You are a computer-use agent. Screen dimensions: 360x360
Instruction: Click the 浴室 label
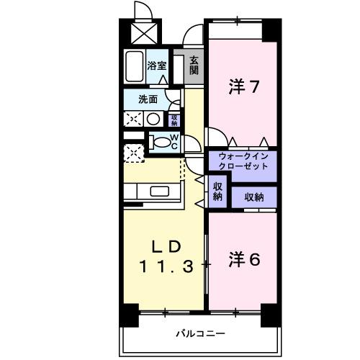pyautogui.click(x=157, y=66)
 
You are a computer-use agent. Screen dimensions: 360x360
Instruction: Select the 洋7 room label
pyautogui.click(x=243, y=87)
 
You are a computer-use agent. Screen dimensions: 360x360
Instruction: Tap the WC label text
pyautogui.click(x=174, y=141)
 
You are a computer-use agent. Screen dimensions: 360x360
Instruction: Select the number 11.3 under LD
pyautogui.click(x=166, y=266)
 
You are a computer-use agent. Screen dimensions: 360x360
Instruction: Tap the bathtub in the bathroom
pyautogui.click(x=134, y=66)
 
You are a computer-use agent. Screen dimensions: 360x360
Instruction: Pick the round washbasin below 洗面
pyautogui.click(x=153, y=119)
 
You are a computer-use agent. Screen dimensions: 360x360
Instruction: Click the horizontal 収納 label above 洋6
pyautogui.click(x=253, y=196)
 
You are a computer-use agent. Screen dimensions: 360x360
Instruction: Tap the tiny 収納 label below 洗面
pyautogui.click(x=174, y=120)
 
